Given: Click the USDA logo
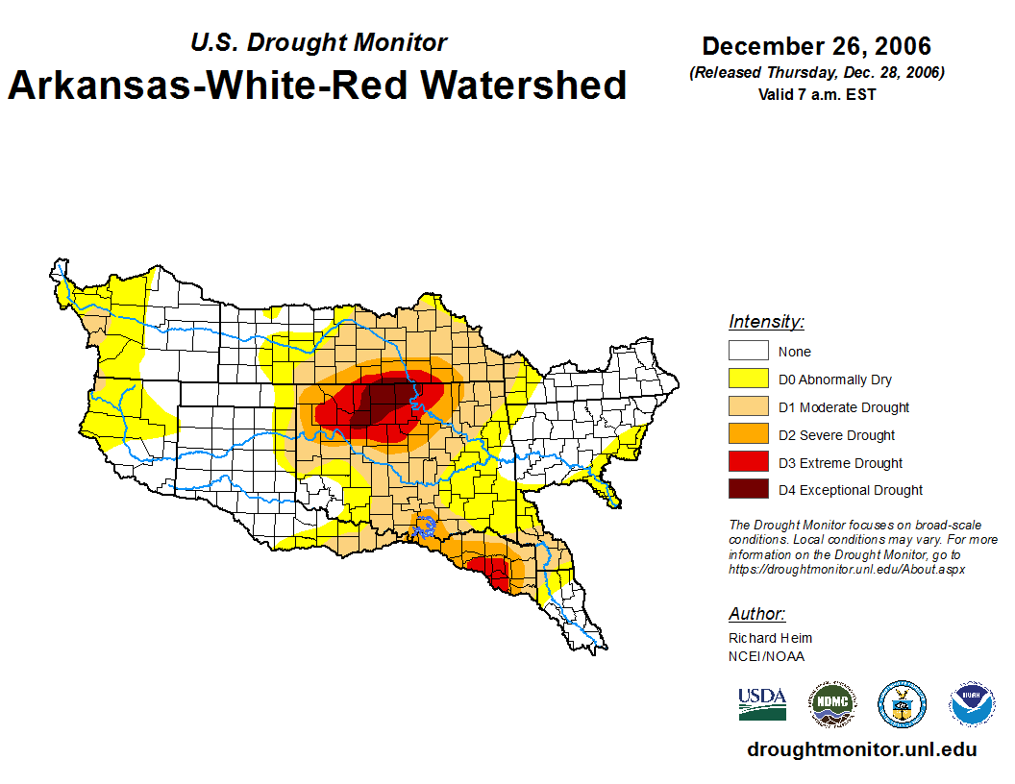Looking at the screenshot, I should (x=762, y=703).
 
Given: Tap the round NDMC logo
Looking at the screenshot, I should (x=831, y=704).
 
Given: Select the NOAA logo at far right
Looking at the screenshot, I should (x=972, y=704).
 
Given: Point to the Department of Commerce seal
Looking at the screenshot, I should (x=902, y=704).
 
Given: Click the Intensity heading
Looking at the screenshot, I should (x=766, y=322).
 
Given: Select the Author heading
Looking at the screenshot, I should (x=756, y=614).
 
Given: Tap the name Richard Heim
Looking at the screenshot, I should (x=770, y=638).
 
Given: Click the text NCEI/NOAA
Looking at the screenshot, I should (x=766, y=656).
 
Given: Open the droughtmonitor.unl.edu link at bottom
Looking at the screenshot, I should (x=861, y=750).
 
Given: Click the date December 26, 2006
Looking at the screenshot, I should (x=816, y=46).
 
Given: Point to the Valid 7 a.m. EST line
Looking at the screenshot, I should (x=816, y=94).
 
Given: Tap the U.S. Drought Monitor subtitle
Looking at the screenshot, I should (x=318, y=42).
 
